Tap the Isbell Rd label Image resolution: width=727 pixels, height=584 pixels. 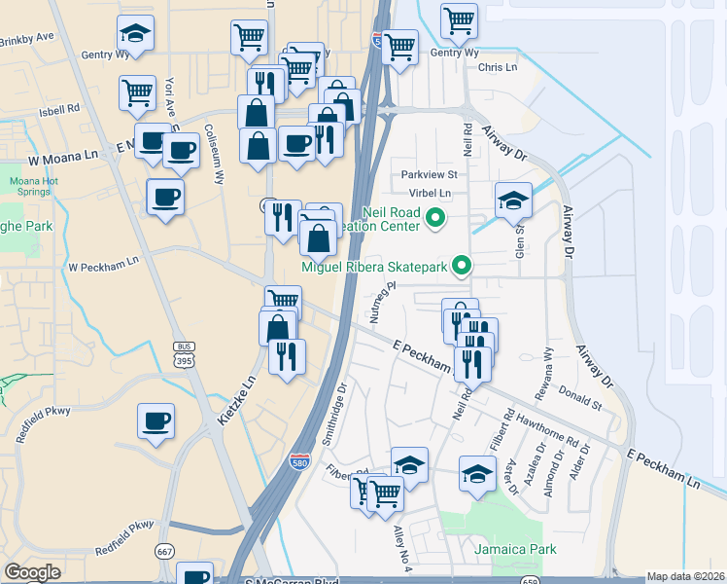coord(59,110)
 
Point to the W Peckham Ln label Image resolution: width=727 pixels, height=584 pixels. coord(104,264)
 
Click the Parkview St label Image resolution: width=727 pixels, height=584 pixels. coord(429,175)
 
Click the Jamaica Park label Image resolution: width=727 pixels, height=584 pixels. coord(515,550)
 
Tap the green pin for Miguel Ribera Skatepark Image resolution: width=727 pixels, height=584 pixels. coord(464,264)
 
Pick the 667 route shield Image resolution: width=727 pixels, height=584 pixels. coord(164,551)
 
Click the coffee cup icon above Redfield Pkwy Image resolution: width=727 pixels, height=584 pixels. coord(156,422)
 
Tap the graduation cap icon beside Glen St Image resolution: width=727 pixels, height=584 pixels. coord(513,201)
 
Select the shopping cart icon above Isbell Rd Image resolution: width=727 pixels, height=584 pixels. coord(137,93)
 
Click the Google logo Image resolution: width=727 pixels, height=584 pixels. coord(32,572)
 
